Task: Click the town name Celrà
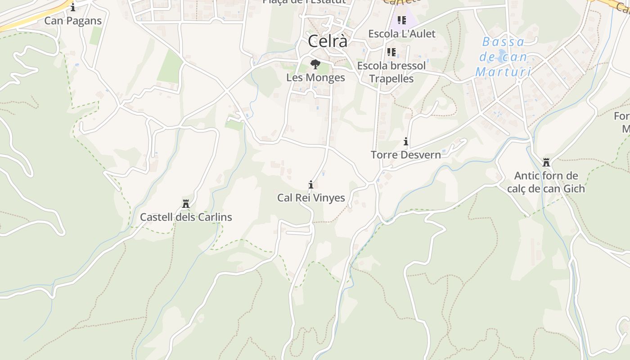[x=328, y=41]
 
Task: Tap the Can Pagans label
[x=73, y=21]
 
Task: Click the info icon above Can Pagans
[x=73, y=7]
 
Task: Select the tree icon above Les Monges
[x=315, y=64]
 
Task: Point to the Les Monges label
[x=315, y=77]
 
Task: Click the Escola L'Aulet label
[x=402, y=34]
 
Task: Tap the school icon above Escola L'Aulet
[x=402, y=20]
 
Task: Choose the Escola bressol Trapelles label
[x=391, y=72]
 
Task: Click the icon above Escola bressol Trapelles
[x=391, y=52]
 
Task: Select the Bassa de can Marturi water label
[x=503, y=57]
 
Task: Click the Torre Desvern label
[x=405, y=155]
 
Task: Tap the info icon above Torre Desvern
[x=406, y=142]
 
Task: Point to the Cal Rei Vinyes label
[x=311, y=198]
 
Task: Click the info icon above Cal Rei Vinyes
[x=311, y=184]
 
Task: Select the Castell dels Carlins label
[x=186, y=217]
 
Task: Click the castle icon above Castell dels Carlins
[x=185, y=204]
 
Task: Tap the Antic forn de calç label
[x=546, y=182]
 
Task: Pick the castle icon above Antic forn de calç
[x=546, y=162]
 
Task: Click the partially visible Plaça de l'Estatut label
[x=304, y=2]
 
